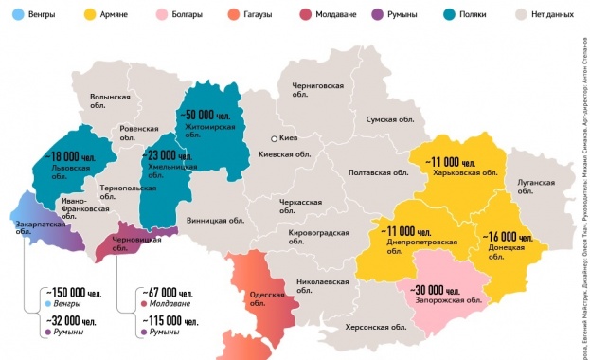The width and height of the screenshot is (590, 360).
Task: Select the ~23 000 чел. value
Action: tap(170, 155)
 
